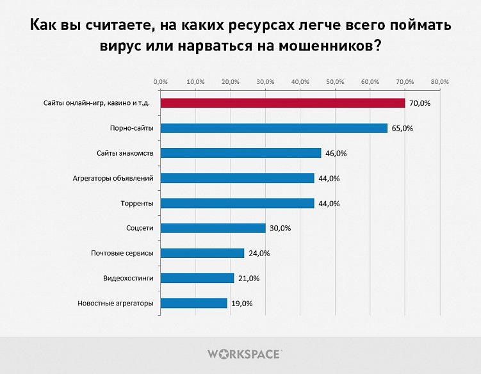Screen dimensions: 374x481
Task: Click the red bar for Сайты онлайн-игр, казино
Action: (x=282, y=103)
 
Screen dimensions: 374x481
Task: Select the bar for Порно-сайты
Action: (x=273, y=128)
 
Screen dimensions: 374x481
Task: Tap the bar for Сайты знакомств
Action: (x=240, y=153)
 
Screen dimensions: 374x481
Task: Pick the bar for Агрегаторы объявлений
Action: (x=237, y=178)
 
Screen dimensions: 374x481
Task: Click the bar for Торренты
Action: (x=237, y=203)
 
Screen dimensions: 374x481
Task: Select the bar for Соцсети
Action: (x=213, y=228)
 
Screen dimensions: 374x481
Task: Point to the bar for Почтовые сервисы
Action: (x=202, y=253)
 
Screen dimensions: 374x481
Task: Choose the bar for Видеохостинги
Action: (x=197, y=278)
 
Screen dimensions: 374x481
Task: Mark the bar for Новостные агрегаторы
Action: (x=193, y=303)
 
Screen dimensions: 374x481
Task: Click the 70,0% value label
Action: (x=420, y=104)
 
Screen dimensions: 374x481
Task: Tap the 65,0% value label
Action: (x=402, y=129)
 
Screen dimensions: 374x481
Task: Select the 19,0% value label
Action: (x=242, y=304)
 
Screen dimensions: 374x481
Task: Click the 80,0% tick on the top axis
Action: (x=439, y=82)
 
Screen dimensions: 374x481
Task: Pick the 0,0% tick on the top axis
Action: (x=161, y=82)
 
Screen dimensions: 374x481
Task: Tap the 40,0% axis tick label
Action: (x=300, y=82)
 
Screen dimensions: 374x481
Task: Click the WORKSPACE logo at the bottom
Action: (x=243, y=354)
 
